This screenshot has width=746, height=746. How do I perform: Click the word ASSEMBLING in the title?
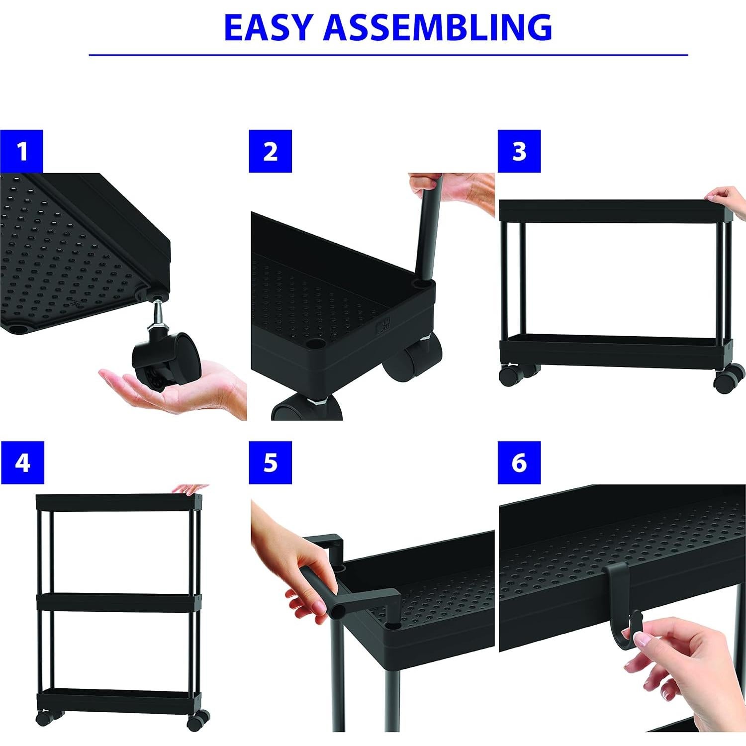437,27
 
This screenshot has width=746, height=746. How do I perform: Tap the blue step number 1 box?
21,151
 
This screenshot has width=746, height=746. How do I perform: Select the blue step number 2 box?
270,151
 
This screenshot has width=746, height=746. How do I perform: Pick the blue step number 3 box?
519,151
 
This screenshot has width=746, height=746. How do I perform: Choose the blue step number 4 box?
22,463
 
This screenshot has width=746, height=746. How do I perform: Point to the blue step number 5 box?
270,463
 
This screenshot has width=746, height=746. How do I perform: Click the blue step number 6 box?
519,463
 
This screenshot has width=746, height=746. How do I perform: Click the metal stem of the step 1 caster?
158,311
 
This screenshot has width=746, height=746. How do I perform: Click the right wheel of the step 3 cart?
729,378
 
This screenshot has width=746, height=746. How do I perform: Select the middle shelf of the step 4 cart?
118,602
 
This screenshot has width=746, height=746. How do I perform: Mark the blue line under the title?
388,55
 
